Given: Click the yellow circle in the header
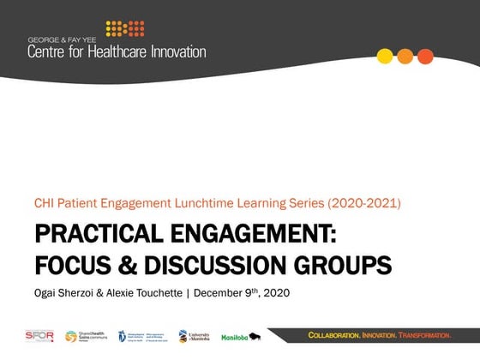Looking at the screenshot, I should point(386,57).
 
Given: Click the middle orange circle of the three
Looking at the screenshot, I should point(405,57).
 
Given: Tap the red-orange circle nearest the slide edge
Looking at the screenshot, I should point(425,57).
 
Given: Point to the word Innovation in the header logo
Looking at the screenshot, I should point(176,51).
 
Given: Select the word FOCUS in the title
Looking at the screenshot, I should point(72,264).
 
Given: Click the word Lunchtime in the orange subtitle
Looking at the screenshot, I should point(221,204).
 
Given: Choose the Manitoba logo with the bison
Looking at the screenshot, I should point(241,337).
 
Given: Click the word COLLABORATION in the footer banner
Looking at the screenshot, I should point(337,333).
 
